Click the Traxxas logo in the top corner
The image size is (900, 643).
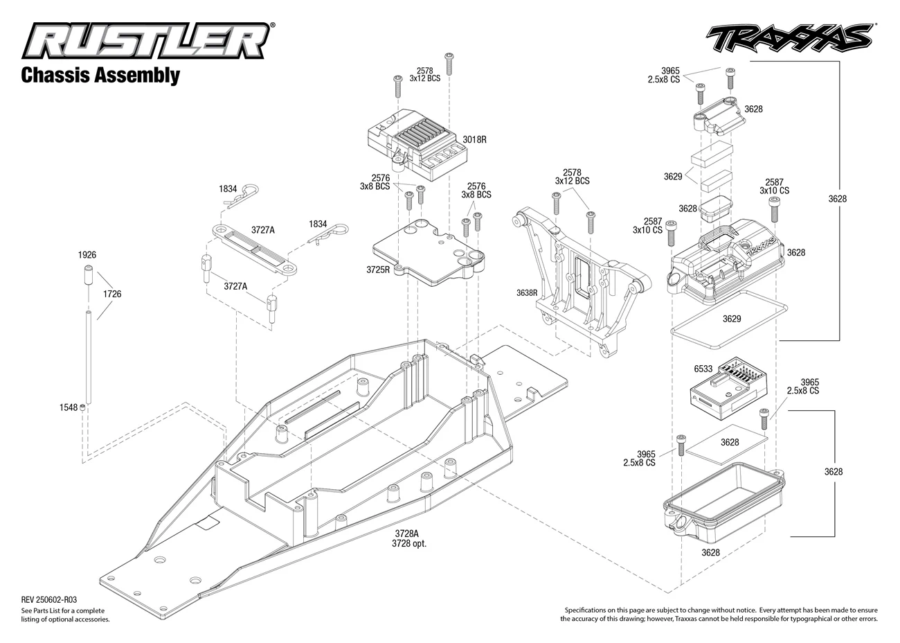[x=790, y=38]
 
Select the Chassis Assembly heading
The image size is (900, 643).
[x=100, y=76]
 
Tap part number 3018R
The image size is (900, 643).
[x=474, y=139]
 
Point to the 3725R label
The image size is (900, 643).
[x=378, y=270]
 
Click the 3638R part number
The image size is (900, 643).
[x=527, y=293]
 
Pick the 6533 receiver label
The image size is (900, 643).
[x=703, y=369]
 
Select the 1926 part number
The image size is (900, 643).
[x=87, y=254]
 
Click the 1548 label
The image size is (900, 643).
[x=69, y=407]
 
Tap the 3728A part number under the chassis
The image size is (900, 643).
[x=406, y=534]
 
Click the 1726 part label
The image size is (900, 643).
[x=112, y=294]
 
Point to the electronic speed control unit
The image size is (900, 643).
[x=417, y=144]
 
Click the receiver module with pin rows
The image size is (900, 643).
[x=728, y=389]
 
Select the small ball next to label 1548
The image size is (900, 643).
[x=82, y=407]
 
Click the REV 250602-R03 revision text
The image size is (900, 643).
[x=49, y=600]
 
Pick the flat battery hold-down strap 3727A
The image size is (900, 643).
[x=254, y=249]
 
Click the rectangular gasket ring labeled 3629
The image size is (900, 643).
[x=729, y=319]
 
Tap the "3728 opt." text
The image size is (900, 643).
[x=409, y=544]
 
